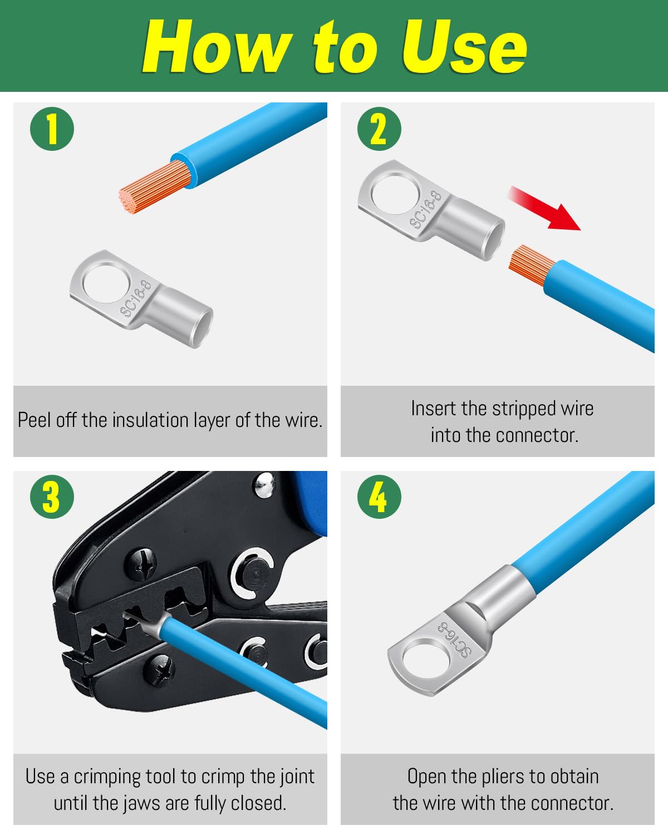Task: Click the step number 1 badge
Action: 52,129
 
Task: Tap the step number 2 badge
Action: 379,129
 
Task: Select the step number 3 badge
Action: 52,497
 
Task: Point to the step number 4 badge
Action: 379,497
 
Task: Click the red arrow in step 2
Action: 546,208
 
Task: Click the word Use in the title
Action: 465,47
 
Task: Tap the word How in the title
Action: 217,47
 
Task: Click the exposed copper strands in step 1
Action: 155,187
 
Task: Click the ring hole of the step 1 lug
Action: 106,283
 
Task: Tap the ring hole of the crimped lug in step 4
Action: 426,659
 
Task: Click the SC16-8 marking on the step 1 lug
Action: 135,299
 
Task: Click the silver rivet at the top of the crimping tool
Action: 264,485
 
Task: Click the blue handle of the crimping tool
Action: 311,503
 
